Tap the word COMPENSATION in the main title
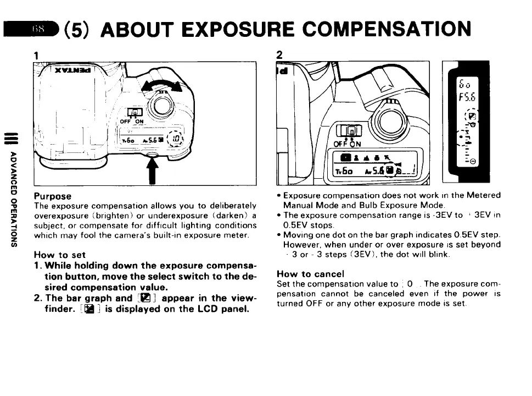click(x=385, y=29)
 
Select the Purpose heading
click(x=53, y=196)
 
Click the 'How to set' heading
click(x=60, y=255)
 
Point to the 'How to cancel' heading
click(x=311, y=274)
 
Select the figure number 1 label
click(x=36, y=56)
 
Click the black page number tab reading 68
click(x=33, y=29)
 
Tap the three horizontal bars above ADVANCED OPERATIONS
click(x=12, y=135)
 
